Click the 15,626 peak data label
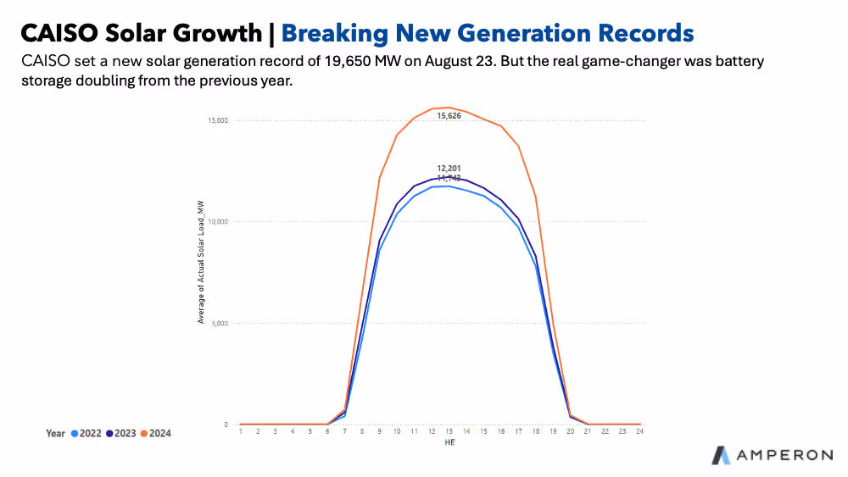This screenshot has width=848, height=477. [x=449, y=115]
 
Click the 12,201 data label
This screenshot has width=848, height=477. [x=449, y=169]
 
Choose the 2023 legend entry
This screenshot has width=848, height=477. [x=120, y=433]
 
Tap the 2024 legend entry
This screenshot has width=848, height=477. [x=155, y=433]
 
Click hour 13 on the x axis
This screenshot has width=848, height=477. [x=449, y=431]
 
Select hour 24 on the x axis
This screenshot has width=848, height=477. [x=639, y=431]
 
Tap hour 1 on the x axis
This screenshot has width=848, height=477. [x=241, y=431]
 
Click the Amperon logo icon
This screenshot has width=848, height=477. [x=721, y=455]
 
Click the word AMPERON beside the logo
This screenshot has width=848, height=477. [x=784, y=456]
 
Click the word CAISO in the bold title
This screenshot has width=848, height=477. [x=57, y=33]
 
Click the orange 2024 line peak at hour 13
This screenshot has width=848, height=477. [x=449, y=108]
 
